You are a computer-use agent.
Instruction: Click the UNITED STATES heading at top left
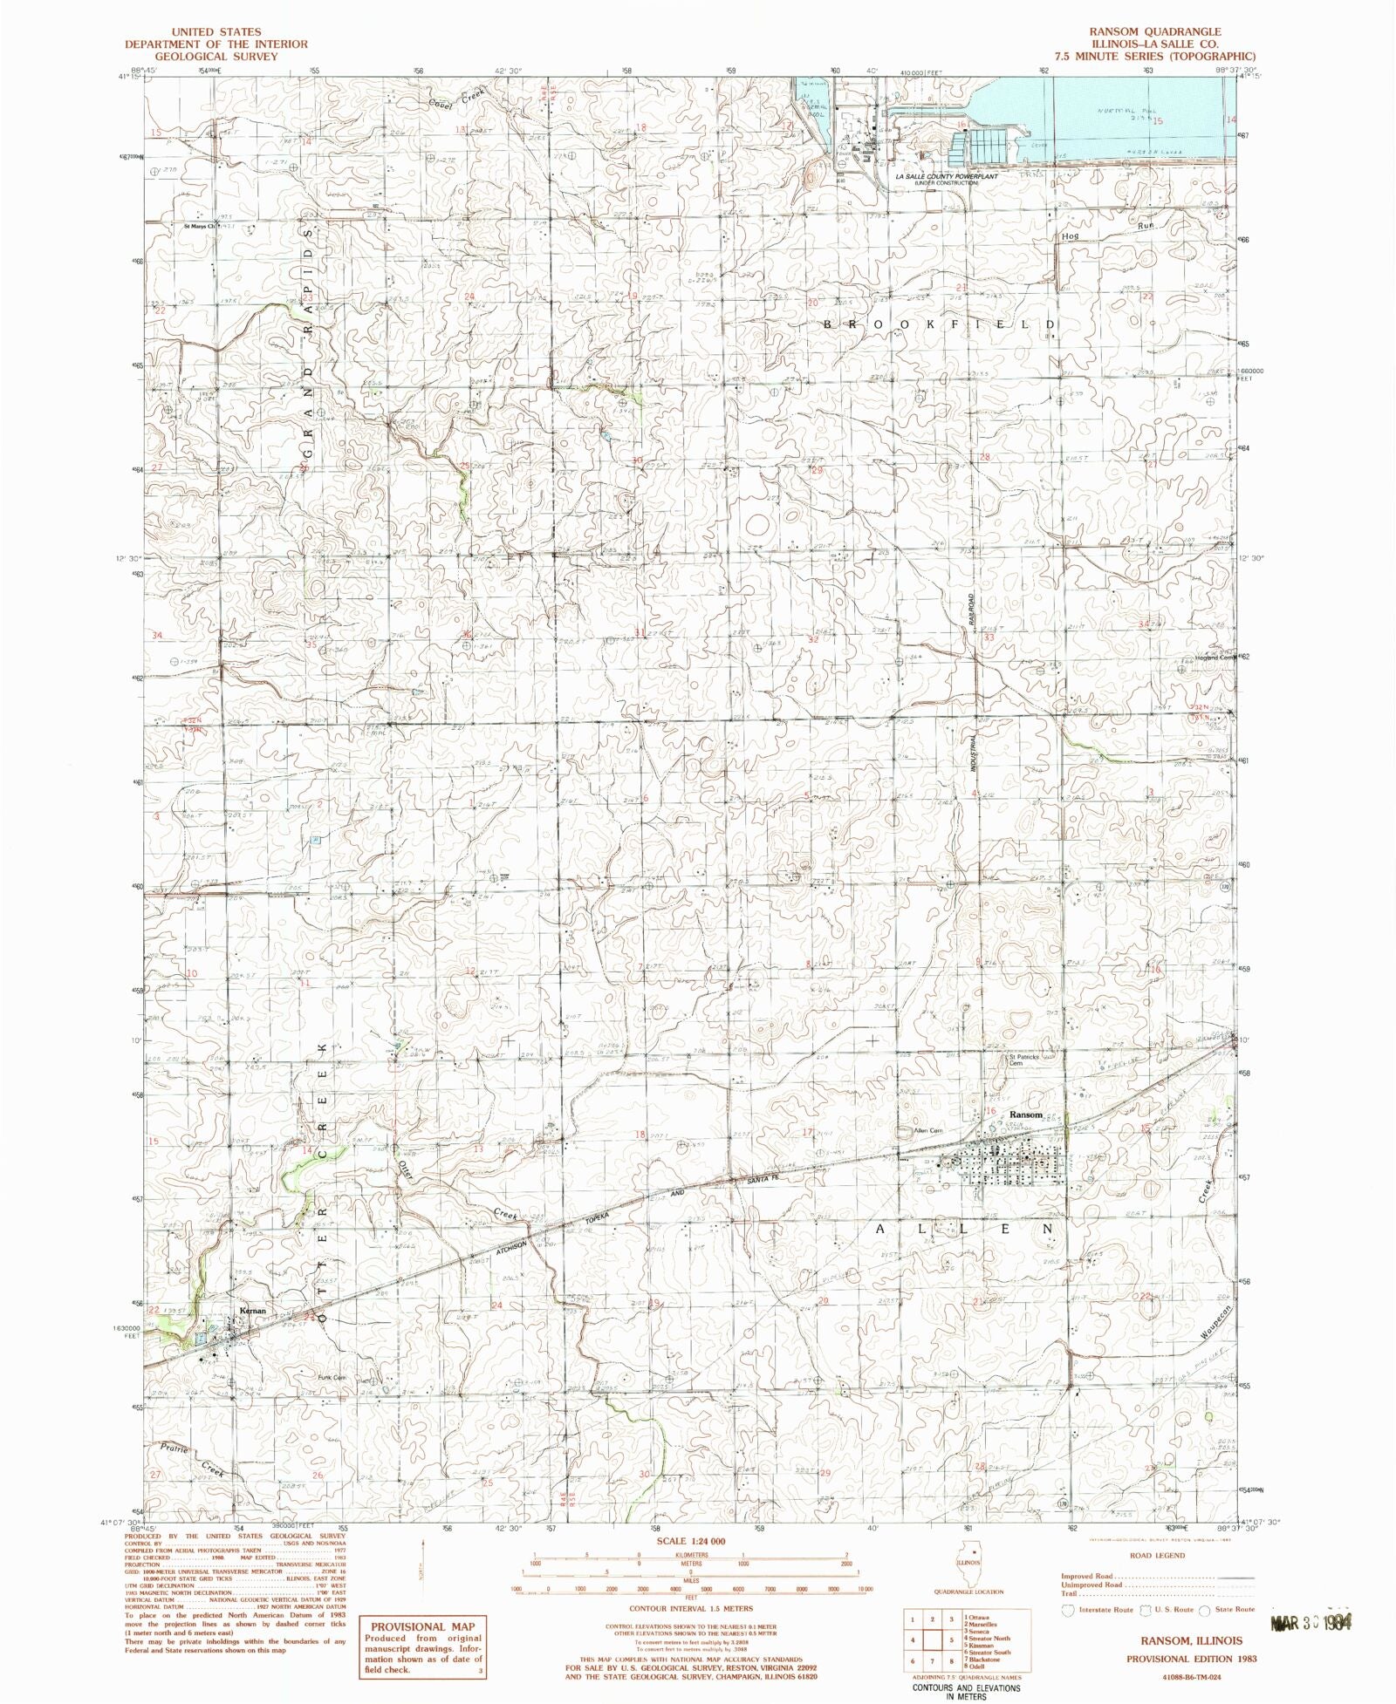[x=216, y=31]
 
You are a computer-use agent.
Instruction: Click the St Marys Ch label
[x=199, y=227]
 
